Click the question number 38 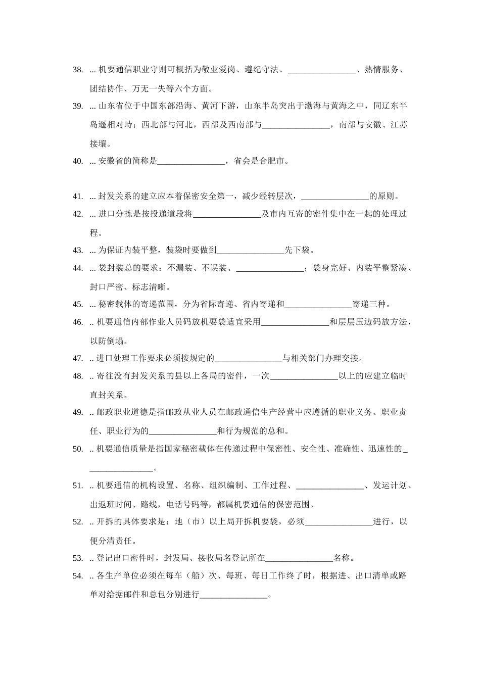click(78, 70)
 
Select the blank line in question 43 click(251, 250)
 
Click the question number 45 click(78, 304)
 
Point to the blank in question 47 click(248, 359)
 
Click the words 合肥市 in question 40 click(272, 162)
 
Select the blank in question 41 click(335, 197)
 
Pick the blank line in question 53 click(299, 558)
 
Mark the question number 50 click(78, 449)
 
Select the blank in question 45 click(318, 305)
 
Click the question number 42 click(78, 214)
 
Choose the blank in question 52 click(339, 522)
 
